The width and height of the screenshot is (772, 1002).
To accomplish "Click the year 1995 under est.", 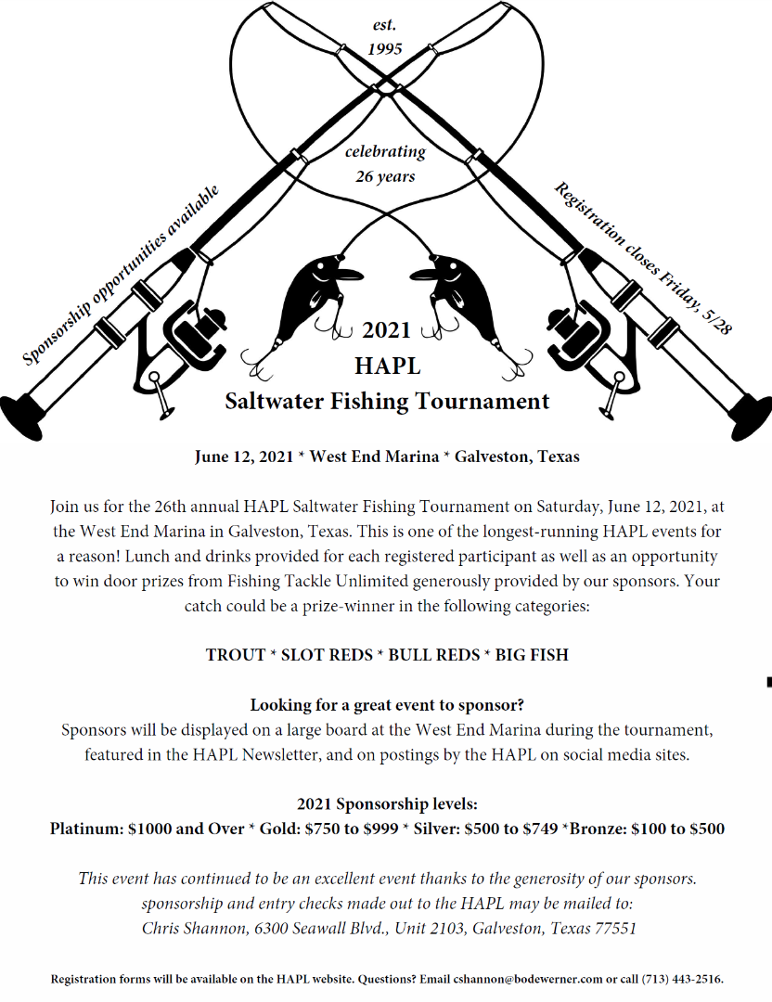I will coord(385,48).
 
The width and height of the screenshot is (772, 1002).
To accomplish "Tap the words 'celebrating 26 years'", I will coord(385,163).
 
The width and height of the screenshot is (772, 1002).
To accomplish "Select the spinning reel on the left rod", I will coord(190,339).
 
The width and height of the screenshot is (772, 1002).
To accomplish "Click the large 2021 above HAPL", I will coord(386,330).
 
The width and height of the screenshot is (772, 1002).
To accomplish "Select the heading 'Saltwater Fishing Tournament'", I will coord(387,402).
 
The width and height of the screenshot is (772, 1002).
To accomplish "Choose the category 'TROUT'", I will coord(236,654).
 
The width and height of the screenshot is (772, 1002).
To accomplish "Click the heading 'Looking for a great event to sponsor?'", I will coord(387,705).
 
